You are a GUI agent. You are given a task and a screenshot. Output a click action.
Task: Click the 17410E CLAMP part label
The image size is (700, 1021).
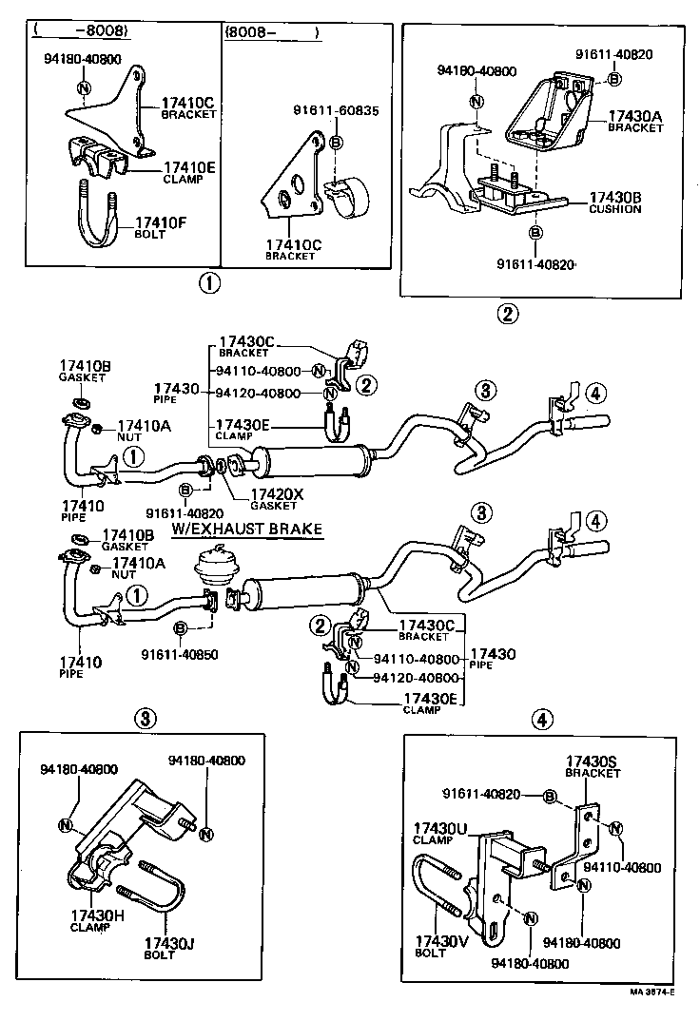[x=188, y=172]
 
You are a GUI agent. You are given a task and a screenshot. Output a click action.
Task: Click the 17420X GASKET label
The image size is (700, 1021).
[x=274, y=499]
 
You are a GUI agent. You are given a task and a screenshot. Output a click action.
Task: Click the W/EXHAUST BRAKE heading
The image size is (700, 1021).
[x=247, y=529]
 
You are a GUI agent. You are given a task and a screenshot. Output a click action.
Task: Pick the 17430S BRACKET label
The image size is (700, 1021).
[x=593, y=767]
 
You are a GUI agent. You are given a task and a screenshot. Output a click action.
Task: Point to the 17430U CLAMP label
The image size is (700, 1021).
[x=439, y=834]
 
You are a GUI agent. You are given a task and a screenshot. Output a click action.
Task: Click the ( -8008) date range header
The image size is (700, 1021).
[x=81, y=30]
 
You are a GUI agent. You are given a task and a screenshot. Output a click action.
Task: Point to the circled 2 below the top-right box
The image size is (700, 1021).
[x=510, y=314]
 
